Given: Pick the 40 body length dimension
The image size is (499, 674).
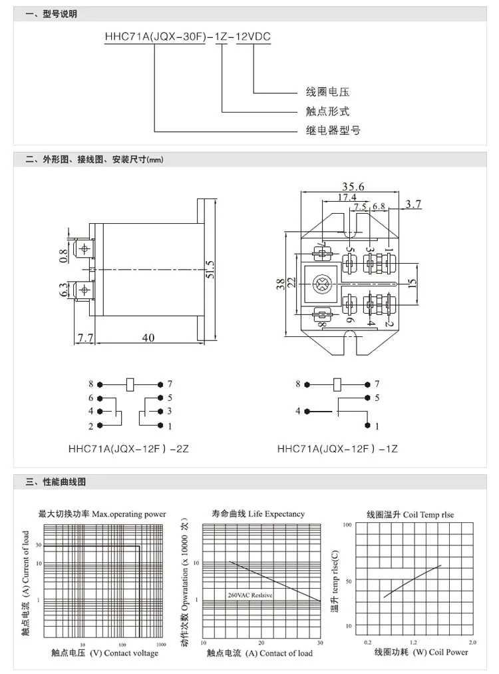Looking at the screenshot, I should pyautogui.click(x=148, y=338).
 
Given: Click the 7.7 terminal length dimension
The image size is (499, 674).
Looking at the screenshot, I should pyautogui.click(x=84, y=338).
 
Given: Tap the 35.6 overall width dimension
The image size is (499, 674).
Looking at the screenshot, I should pyautogui.click(x=350, y=187).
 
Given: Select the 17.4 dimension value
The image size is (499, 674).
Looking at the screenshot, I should pyautogui.click(x=347, y=197).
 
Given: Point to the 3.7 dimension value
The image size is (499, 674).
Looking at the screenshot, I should pyautogui.click(x=414, y=204).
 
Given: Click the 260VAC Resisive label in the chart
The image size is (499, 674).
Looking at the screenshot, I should pyautogui.click(x=250, y=594).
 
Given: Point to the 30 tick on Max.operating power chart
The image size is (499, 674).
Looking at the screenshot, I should pyautogui.click(x=39, y=545).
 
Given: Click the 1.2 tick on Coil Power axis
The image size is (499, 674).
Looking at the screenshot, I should pyautogui.click(x=413, y=642).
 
